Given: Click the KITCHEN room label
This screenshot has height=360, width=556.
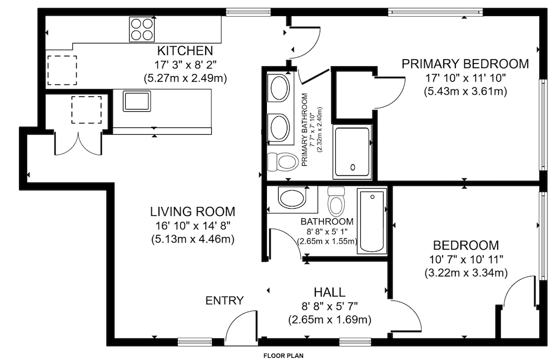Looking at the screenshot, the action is click(x=185, y=51).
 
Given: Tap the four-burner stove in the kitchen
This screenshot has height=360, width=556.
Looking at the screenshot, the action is click(x=142, y=29).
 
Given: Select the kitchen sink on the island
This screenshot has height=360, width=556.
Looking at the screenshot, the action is click(x=137, y=101).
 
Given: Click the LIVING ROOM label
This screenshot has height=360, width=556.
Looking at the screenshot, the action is click(x=192, y=211).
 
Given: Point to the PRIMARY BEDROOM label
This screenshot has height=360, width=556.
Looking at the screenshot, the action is click(x=465, y=64).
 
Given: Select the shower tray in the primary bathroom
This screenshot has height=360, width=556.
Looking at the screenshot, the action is click(x=352, y=152).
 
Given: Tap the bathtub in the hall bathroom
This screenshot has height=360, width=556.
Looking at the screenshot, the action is click(x=371, y=221).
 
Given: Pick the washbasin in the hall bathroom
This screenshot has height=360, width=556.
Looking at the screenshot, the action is click(x=291, y=199).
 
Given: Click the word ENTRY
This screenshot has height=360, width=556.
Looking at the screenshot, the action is click(x=225, y=300).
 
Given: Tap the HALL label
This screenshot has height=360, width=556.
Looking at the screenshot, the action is click(x=329, y=292).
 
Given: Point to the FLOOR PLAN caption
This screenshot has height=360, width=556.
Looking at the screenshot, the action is click(x=284, y=356).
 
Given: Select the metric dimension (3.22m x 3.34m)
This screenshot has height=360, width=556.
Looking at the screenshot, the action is click(x=466, y=273).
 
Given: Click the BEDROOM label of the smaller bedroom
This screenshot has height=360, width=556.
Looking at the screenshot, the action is click(x=466, y=245).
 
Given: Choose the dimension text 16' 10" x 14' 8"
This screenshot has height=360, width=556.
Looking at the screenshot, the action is click(x=193, y=225).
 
